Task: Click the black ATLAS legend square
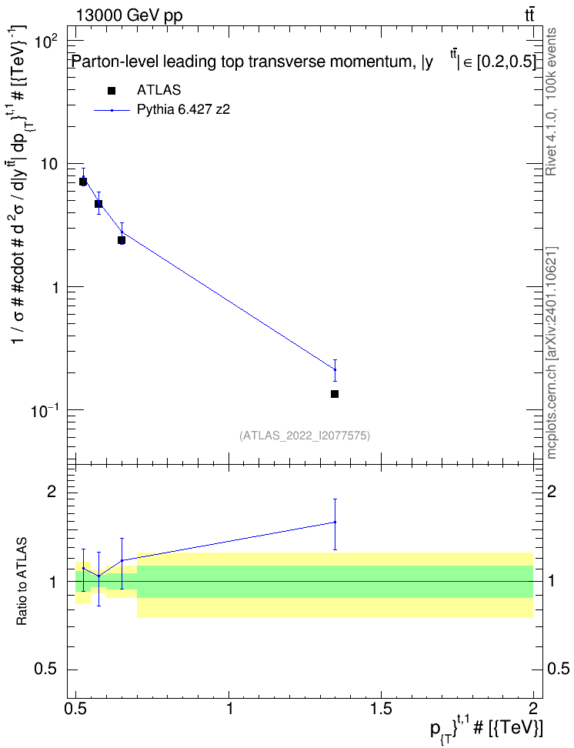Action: [112, 91]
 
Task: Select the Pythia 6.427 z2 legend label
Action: [183, 110]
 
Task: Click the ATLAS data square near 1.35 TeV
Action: [335, 394]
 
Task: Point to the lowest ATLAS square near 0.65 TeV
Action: [122, 240]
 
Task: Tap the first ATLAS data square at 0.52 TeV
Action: [83, 182]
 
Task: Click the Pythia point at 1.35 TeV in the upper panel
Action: [335, 369]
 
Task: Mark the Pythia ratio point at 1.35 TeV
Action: [335, 522]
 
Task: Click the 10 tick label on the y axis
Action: [49, 164]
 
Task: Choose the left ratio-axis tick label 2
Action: [52, 491]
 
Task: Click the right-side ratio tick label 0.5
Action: [557, 669]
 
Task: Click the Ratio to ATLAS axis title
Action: [22, 582]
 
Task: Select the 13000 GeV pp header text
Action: [128, 15]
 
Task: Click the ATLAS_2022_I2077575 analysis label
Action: [305, 435]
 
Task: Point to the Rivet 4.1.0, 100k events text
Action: [551, 102]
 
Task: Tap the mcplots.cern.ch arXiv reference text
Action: [551, 352]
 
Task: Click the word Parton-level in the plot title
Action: [112, 62]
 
